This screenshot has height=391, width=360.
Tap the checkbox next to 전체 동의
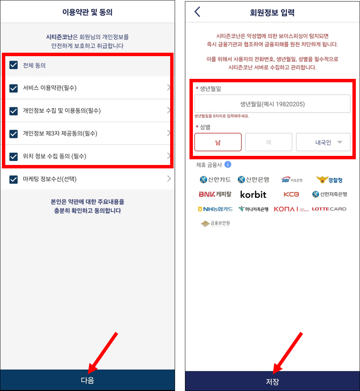(14, 65)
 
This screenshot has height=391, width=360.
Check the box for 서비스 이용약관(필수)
(14, 88)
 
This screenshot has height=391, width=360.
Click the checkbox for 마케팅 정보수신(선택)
(14, 179)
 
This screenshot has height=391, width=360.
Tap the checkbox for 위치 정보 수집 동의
(14, 156)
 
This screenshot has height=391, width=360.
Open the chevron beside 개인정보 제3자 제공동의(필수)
(169, 133)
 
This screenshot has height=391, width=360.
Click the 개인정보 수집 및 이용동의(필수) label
(62, 111)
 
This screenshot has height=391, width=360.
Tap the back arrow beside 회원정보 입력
(197, 12)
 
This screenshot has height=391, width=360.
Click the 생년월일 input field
(272, 104)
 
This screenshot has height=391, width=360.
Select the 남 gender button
(218, 142)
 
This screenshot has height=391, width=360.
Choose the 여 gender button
(269, 142)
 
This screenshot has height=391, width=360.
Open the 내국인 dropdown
(323, 142)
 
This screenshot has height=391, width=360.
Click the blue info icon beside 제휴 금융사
(228, 165)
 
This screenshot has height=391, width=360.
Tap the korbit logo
(253, 194)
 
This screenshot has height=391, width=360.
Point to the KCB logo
(291, 194)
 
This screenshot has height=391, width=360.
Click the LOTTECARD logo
(329, 209)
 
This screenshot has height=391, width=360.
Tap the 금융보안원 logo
(215, 223)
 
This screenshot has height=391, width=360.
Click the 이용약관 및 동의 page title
(87, 12)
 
